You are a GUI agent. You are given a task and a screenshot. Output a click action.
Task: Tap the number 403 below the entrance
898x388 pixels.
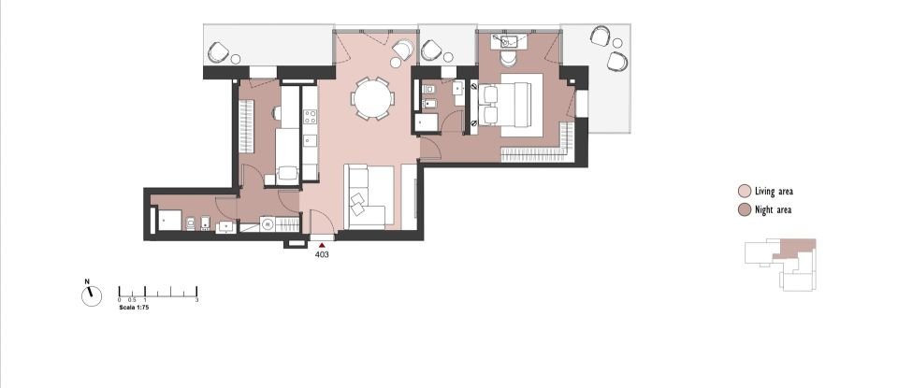coord(322,253)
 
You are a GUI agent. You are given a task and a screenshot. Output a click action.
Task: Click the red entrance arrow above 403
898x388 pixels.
coord(322,244)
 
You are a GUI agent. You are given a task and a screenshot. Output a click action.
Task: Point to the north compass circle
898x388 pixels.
coord(92,295)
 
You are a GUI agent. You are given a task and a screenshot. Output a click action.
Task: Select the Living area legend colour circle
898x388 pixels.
coord(744,191)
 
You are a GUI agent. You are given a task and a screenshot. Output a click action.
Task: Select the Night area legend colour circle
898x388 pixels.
coord(744,209)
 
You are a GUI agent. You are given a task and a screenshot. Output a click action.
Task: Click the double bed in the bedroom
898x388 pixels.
coord(514,103)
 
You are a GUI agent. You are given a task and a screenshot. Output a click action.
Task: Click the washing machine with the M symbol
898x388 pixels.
coord(268,224)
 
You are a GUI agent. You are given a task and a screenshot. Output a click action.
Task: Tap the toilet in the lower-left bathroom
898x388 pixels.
coord(190,223)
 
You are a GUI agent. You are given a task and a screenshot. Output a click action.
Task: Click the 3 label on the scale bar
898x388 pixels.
coord(196,300)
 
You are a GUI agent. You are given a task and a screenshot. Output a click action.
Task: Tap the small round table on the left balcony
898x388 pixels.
coord(236,60)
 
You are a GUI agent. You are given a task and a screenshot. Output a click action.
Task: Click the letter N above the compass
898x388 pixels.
coord(87,281)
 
